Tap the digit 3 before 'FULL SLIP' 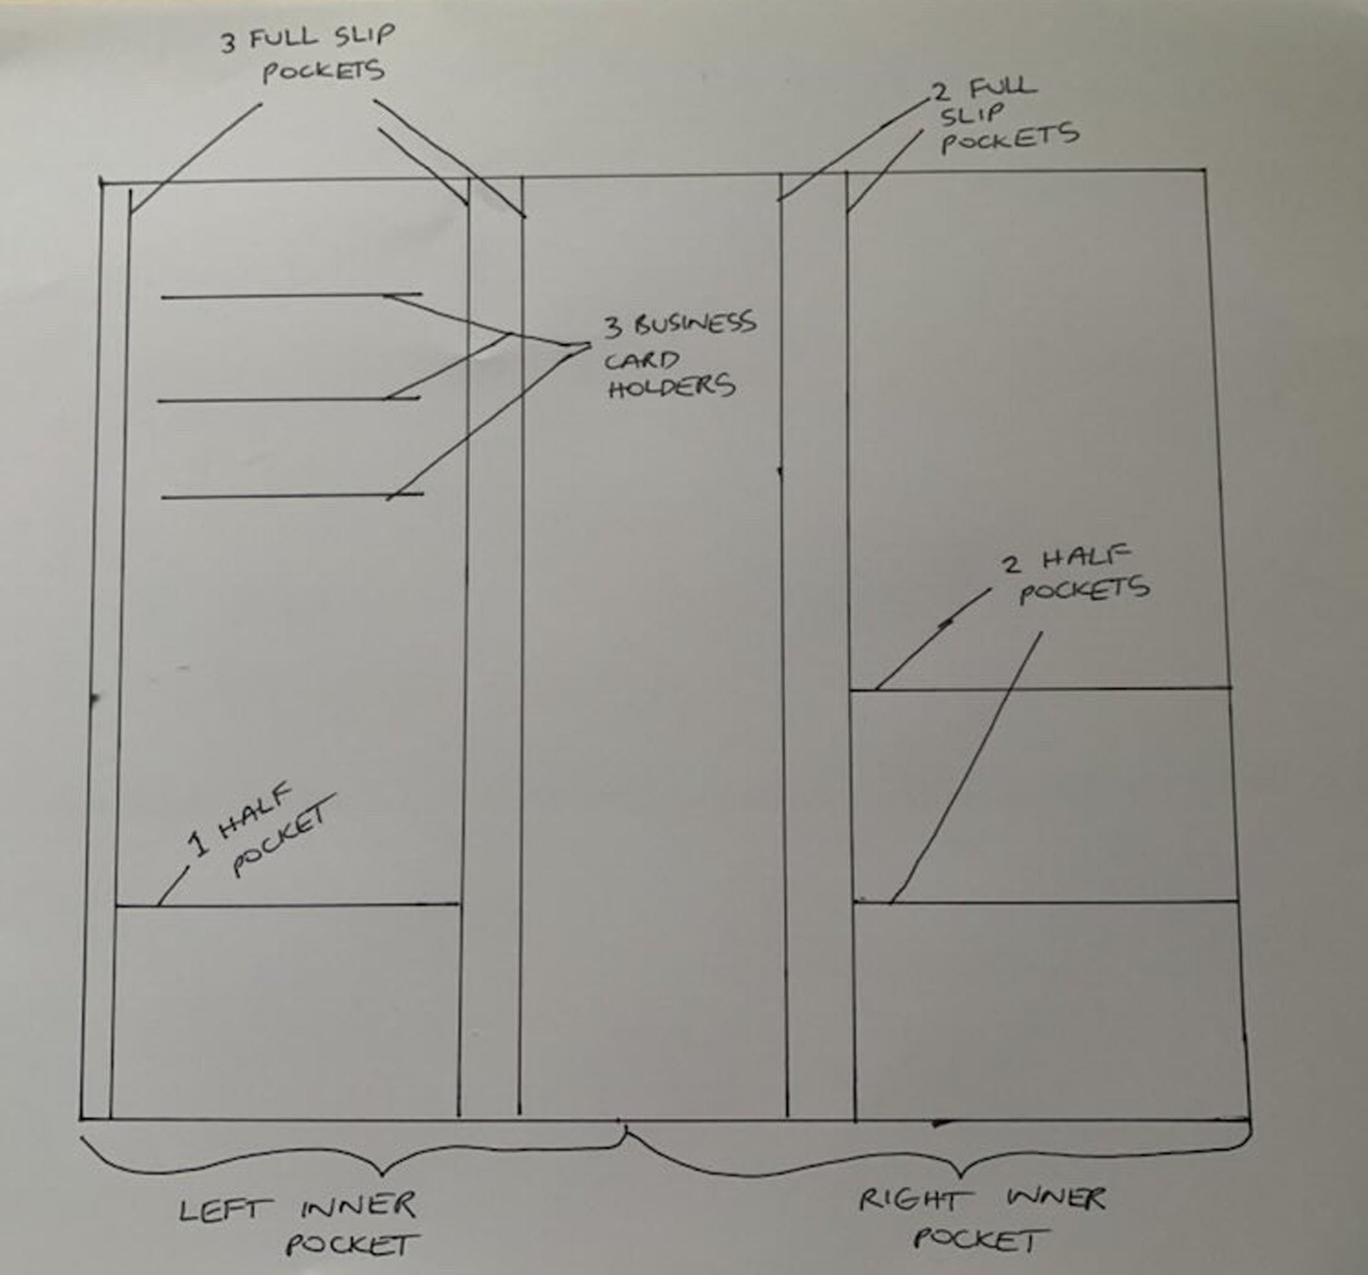227,43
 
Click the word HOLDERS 671,386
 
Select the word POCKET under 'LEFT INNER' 352,1244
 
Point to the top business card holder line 275,297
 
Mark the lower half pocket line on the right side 1046,901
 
